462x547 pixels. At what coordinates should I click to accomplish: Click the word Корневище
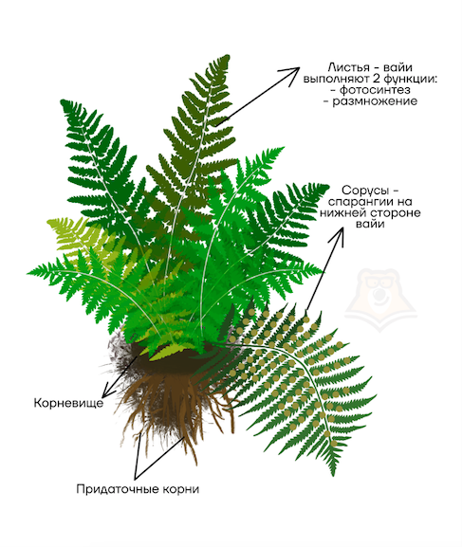(69, 403)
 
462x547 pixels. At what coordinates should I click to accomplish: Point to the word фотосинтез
(375, 90)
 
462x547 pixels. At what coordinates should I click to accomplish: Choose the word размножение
(375, 101)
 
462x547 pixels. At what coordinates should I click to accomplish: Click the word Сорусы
(364, 191)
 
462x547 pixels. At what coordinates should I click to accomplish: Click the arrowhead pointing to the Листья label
(291, 74)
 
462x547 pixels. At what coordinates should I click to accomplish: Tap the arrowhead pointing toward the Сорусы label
(338, 236)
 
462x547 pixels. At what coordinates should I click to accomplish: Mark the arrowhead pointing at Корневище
(108, 390)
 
